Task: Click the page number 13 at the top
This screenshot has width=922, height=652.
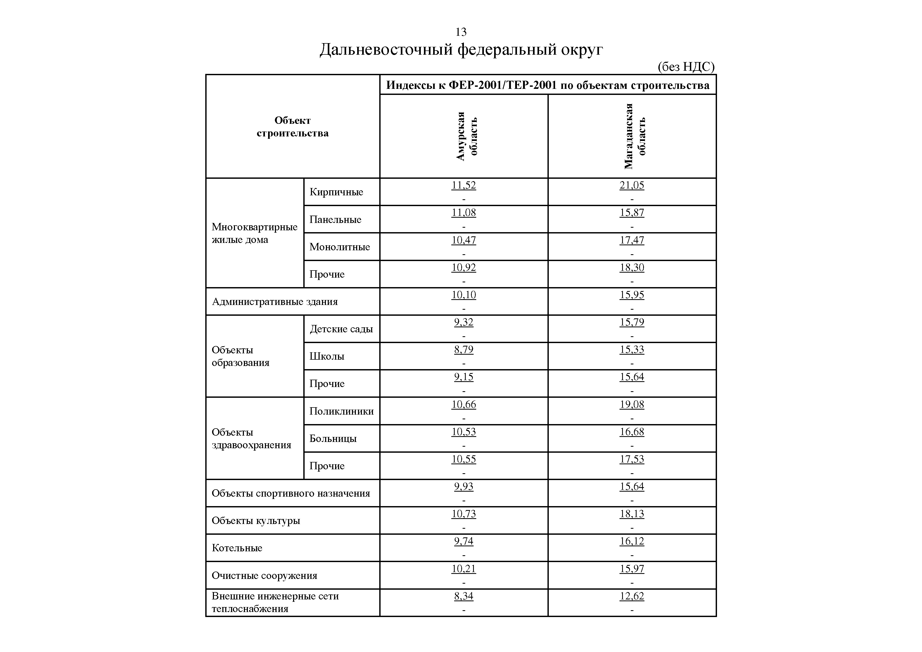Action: (x=460, y=32)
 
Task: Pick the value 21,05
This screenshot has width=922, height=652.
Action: (x=632, y=185)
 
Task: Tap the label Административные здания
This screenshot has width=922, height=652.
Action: (x=275, y=301)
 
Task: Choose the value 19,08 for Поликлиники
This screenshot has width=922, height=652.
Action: (x=632, y=404)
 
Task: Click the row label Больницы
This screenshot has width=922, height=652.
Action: (x=333, y=438)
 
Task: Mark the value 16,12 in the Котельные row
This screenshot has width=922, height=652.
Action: (x=632, y=541)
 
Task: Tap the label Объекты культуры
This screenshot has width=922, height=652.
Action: (x=256, y=521)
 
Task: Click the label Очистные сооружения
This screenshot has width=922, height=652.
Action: (x=264, y=575)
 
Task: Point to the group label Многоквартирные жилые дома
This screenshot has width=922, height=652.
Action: (x=254, y=233)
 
